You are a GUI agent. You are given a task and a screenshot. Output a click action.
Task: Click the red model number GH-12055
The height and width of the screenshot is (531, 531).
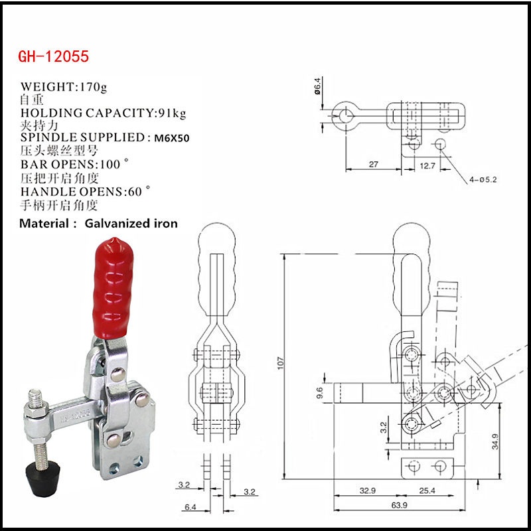pos(53,56)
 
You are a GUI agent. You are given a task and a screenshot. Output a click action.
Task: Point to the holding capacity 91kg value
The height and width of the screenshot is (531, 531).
pos(171,113)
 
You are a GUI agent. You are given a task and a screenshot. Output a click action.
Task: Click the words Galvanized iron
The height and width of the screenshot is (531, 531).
pos(131,224)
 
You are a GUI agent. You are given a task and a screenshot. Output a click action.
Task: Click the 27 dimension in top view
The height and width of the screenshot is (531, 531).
pos(372,165)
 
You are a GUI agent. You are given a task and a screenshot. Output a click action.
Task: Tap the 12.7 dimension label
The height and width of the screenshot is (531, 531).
pos(427,166)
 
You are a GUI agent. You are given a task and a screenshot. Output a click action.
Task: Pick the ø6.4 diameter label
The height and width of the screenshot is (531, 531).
pos(318,86)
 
